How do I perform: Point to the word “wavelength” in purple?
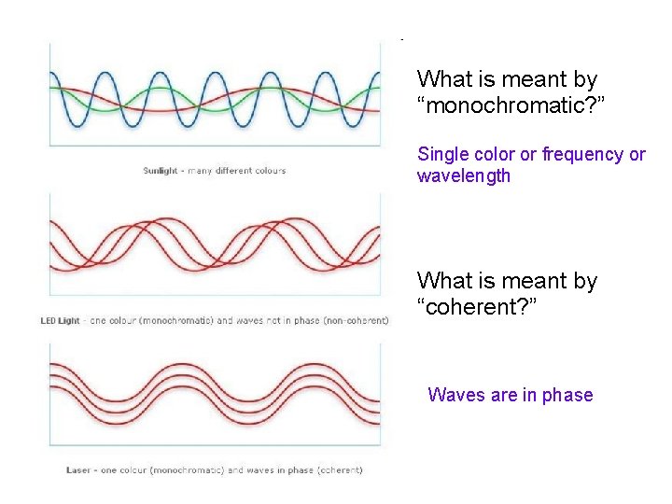[x=464, y=175]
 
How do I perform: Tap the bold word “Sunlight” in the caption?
[x=160, y=171]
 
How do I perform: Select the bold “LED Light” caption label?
[x=61, y=321]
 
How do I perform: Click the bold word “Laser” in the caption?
[x=78, y=469]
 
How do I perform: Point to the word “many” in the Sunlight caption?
[x=201, y=171]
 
